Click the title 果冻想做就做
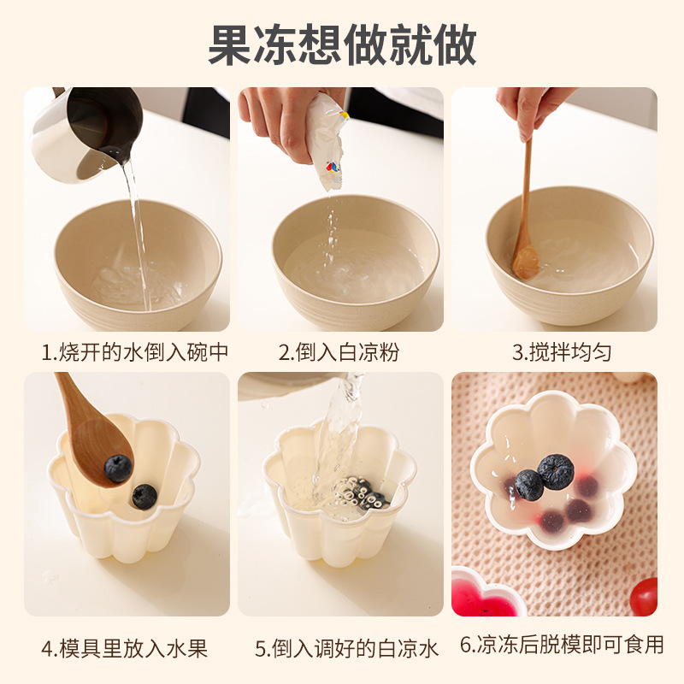click(x=342, y=45)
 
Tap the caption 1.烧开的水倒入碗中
click(x=135, y=352)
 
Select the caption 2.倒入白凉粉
click(x=339, y=352)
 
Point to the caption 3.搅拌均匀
click(x=562, y=352)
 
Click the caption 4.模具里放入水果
click(x=125, y=649)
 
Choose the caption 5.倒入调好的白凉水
click(x=346, y=649)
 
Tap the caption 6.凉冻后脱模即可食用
click(x=562, y=645)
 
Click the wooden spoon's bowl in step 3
click(x=525, y=262)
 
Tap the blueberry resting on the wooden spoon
click(x=118, y=468)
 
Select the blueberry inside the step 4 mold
click(x=144, y=497)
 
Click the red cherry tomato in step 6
click(x=644, y=596)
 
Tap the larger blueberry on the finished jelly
click(x=555, y=472)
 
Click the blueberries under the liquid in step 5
click(x=364, y=493)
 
